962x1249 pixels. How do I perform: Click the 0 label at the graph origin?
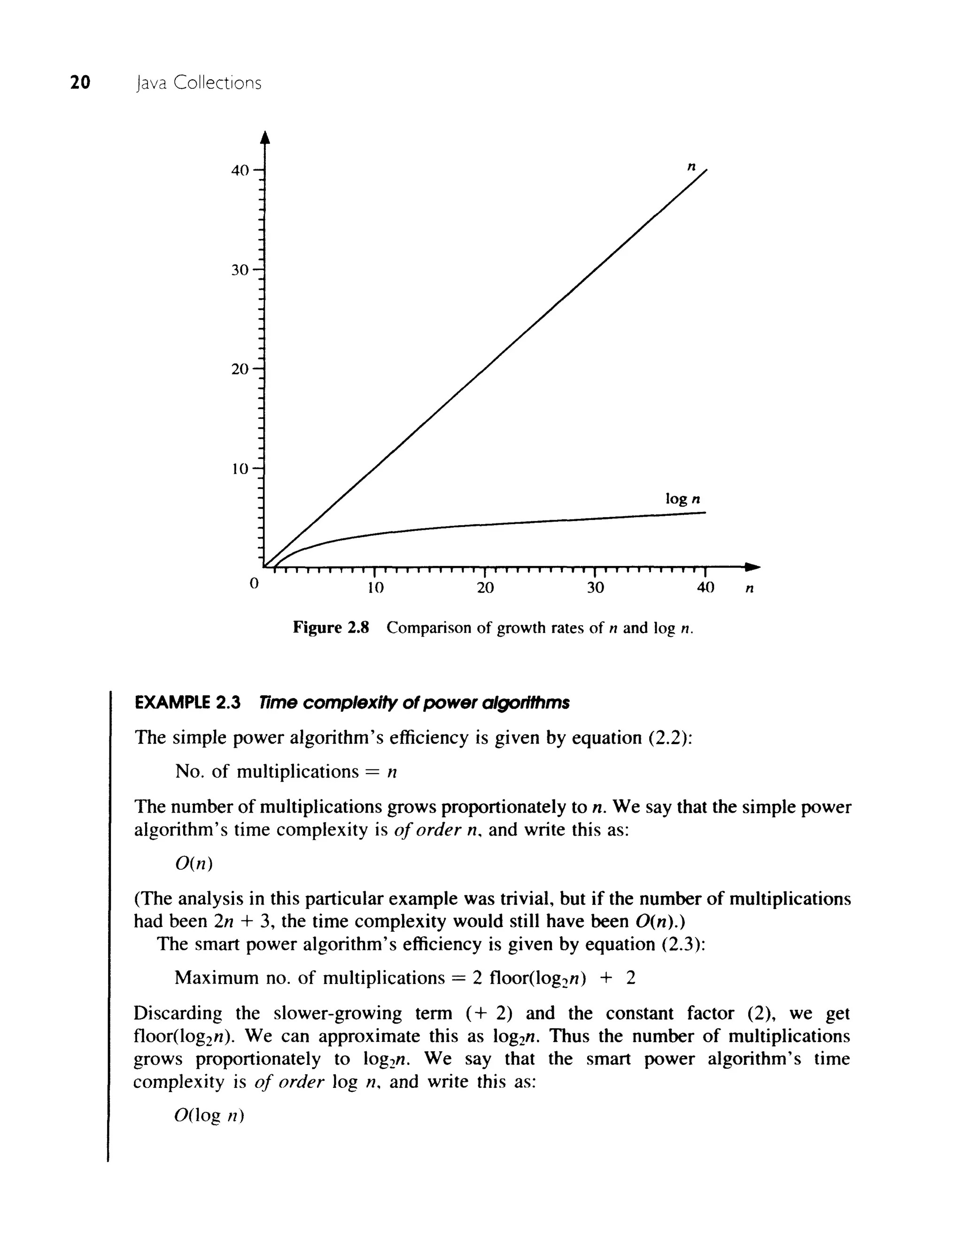click(255, 583)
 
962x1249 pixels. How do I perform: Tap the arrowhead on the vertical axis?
click(264, 138)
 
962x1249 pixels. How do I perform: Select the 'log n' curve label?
click(683, 499)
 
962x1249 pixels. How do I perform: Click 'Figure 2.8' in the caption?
click(331, 628)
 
